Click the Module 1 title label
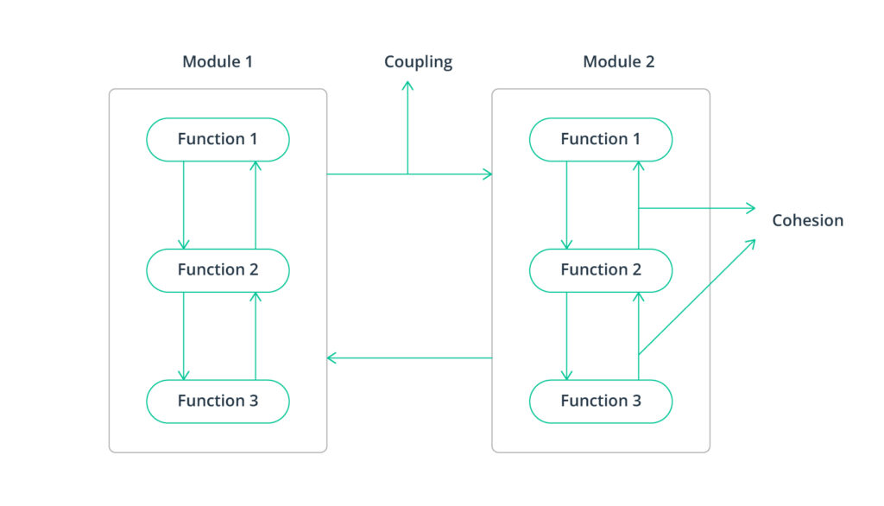coord(218,62)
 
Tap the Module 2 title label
coord(618,62)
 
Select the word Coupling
coord(418,62)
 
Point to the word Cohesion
coord(807,220)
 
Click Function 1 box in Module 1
coord(218,139)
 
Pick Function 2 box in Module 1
coord(218,269)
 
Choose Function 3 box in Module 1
coord(218,401)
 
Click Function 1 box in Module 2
coord(601,139)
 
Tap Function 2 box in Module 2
coord(601,269)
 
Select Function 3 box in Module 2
coord(601,401)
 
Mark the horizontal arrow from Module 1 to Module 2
coord(449,174)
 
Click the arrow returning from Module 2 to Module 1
coord(409,357)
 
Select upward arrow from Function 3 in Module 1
coord(256,336)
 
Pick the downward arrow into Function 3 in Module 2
coord(566,336)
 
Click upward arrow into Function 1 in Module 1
coord(256,204)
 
